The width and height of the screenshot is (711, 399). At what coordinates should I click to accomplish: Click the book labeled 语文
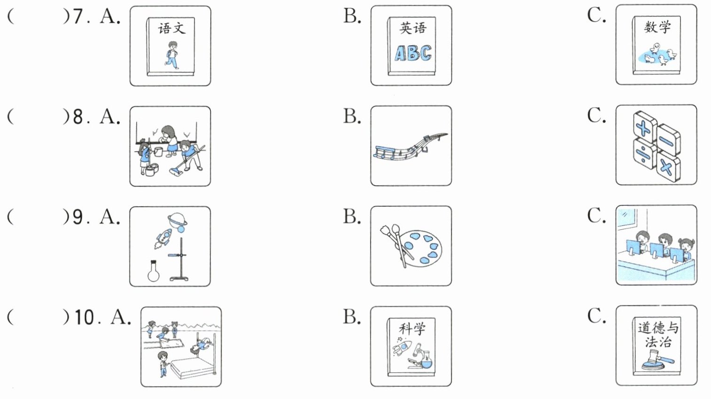click(170, 46)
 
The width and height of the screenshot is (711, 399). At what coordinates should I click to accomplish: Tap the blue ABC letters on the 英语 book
click(413, 53)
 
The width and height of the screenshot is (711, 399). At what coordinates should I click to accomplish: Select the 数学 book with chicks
click(657, 46)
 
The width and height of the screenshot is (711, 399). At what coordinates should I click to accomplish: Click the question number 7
click(78, 16)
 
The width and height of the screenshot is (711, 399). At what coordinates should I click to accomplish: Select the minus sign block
click(667, 140)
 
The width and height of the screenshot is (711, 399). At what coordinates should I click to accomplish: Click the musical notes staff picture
click(410, 146)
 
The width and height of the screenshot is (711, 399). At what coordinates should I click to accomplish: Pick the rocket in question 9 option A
click(163, 238)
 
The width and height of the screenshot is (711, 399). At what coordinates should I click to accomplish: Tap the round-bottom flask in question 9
click(154, 272)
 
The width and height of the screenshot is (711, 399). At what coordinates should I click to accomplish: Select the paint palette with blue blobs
click(422, 247)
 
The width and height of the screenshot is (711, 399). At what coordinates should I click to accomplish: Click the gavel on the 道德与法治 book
click(656, 361)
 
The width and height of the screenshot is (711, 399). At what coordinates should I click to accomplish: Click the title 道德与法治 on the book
click(657, 334)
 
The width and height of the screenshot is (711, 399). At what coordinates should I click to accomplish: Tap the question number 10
click(84, 317)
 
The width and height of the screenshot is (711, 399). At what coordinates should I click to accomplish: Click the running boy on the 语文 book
click(172, 55)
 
